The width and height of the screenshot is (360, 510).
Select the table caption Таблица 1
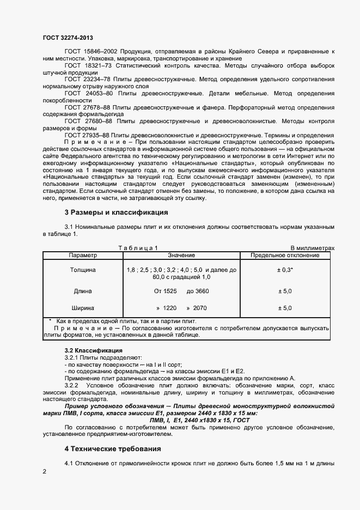(138, 248)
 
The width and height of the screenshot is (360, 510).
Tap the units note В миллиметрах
(312, 248)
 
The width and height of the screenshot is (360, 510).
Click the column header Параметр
(83, 255)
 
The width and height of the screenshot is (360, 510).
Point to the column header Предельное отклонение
(284, 255)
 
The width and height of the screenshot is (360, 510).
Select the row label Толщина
(83, 270)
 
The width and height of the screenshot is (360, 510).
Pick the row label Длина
(83, 291)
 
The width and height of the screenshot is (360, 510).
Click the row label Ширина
(83, 308)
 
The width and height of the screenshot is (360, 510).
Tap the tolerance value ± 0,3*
(285, 270)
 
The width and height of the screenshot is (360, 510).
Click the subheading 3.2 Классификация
(93, 350)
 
